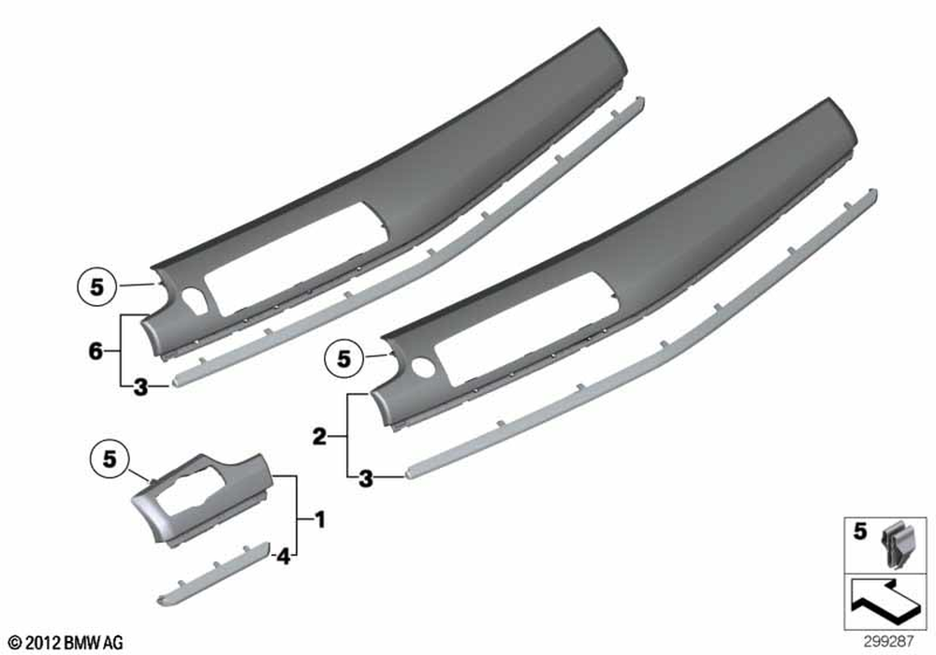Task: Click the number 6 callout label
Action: [95, 351]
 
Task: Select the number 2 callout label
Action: [320, 437]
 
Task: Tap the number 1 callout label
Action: [320, 520]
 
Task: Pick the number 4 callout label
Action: [283, 557]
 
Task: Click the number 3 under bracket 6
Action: [140, 387]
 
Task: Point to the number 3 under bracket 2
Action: [365, 478]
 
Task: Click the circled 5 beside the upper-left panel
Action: [96, 287]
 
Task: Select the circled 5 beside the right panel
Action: [344, 358]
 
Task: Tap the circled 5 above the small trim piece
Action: [110, 459]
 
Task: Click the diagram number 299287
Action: [888, 641]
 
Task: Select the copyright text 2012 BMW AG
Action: [66, 643]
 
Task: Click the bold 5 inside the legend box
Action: [859, 531]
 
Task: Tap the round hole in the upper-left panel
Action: [194, 296]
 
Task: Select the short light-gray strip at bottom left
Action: [213, 574]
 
